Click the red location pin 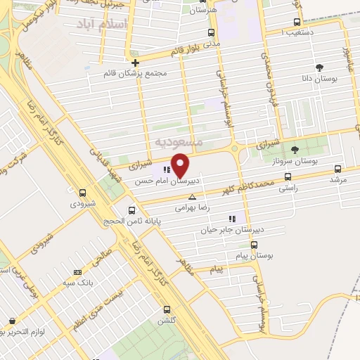click(181, 166)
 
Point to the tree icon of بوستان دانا click(320, 67)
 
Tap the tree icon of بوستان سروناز click(295, 149)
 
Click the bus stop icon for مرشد click(338, 169)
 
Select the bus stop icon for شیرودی click(83, 193)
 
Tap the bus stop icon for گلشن click(167, 309)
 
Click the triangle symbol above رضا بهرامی click(191, 198)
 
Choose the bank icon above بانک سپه click(77, 272)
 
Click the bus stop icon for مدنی click(212, 32)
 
